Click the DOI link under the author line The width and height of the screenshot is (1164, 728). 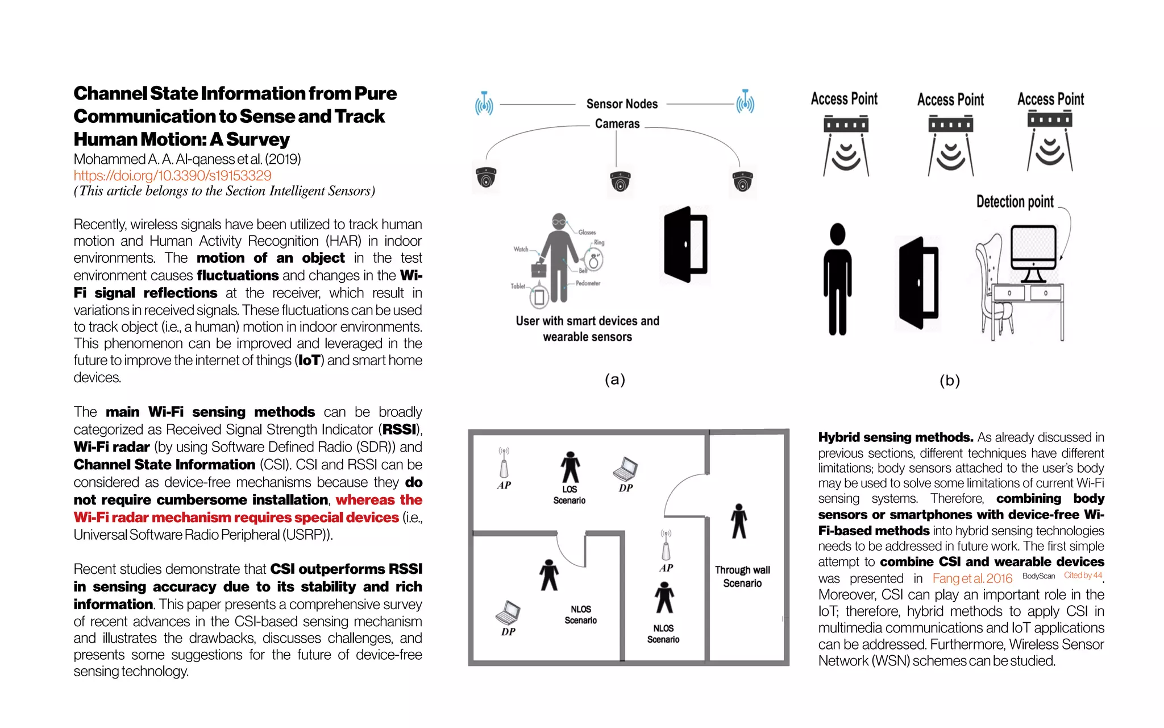pyautogui.click(x=172, y=176)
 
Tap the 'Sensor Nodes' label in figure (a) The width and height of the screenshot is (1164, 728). pyautogui.click(x=622, y=104)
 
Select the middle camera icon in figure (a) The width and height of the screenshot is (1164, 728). pyautogui.click(x=620, y=181)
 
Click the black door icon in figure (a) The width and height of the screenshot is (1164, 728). pyautogui.click(x=686, y=245)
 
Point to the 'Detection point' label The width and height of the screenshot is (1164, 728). pyautogui.click(x=1015, y=202)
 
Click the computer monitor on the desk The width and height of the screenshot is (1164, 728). pyautogui.click(x=1033, y=250)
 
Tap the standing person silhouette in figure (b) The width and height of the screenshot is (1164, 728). pyautogui.click(x=837, y=279)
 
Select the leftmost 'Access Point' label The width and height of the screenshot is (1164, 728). pyautogui.click(x=844, y=99)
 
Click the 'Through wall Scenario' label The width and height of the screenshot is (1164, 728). pyautogui.click(x=742, y=576)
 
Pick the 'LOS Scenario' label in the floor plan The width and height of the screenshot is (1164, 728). pyautogui.click(x=569, y=495)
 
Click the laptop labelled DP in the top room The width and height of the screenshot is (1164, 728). pyautogui.click(x=625, y=469)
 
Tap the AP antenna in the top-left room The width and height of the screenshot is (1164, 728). pyautogui.click(x=504, y=464)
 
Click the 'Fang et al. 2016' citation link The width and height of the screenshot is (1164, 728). pyautogui.click(x=972, y=578)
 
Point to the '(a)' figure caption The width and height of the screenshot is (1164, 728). pyautogui.click(x=614, y=379)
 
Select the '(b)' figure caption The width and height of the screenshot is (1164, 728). pyautogui.click(x=949, y=380)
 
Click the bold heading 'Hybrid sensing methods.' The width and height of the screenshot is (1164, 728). pyautogui.click(x=896, y=437)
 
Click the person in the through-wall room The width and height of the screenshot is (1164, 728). pyautogui.click(x=738, y=522)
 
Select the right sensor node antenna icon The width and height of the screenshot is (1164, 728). pyautogui.click(x=745, y=102)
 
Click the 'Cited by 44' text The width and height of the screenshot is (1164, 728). pyautogui.click(x=1083, y=575)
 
